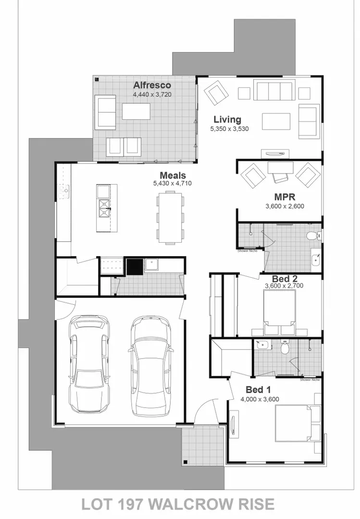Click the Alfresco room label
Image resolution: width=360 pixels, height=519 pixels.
coord(152,86)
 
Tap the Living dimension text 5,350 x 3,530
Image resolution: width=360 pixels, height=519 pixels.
coord(229,129)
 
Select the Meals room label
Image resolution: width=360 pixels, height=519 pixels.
coord(173,175)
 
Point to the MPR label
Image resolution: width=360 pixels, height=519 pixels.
coord(285,197)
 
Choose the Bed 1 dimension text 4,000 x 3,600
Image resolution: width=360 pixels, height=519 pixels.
coord(260,399)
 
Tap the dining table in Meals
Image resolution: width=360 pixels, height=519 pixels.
coord(171,216)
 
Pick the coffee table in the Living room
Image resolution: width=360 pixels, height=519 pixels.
coord(276,121)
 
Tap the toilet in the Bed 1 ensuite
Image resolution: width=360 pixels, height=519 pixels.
coord(285,348)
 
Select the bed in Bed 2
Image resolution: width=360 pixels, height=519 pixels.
coord(279,312)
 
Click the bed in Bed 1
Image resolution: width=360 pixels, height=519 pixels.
coord(294,423)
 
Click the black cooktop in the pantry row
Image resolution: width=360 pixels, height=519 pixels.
coord(134,266)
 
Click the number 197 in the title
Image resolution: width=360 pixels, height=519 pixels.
coord(130,505)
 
